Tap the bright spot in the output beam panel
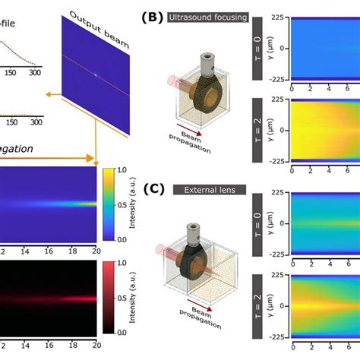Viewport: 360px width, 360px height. tap(96, 75)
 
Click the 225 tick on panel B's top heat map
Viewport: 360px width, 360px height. tap(278, 15)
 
